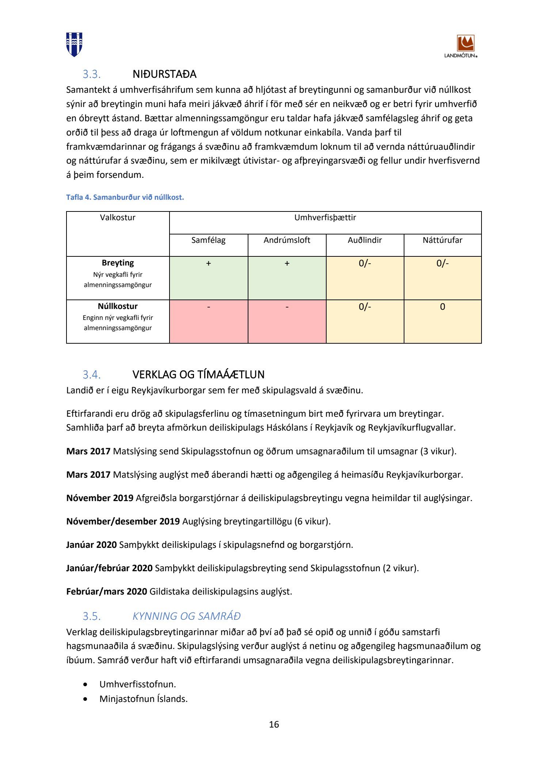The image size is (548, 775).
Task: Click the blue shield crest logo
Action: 74,44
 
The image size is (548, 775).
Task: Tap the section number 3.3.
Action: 91,74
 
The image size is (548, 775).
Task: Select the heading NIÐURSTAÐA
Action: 164,74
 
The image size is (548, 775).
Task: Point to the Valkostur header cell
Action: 118,218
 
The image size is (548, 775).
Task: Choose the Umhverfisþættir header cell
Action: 325,218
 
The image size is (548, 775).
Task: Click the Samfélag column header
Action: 209,240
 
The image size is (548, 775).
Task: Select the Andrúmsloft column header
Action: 287,240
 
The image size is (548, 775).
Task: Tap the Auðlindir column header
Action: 365,240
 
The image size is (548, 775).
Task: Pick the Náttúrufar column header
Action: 442,240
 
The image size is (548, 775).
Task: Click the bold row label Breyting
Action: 118,263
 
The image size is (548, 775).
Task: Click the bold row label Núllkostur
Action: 118,306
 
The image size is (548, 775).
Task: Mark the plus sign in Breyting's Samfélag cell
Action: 209,263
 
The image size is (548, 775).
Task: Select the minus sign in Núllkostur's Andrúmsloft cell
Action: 287,307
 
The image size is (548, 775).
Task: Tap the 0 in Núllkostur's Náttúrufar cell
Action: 442,307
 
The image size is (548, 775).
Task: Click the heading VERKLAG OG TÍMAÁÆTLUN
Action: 198,375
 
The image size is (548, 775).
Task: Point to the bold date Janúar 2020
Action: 91,545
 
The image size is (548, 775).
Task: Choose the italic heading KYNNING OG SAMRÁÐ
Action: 186,616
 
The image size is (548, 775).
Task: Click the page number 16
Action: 274,725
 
